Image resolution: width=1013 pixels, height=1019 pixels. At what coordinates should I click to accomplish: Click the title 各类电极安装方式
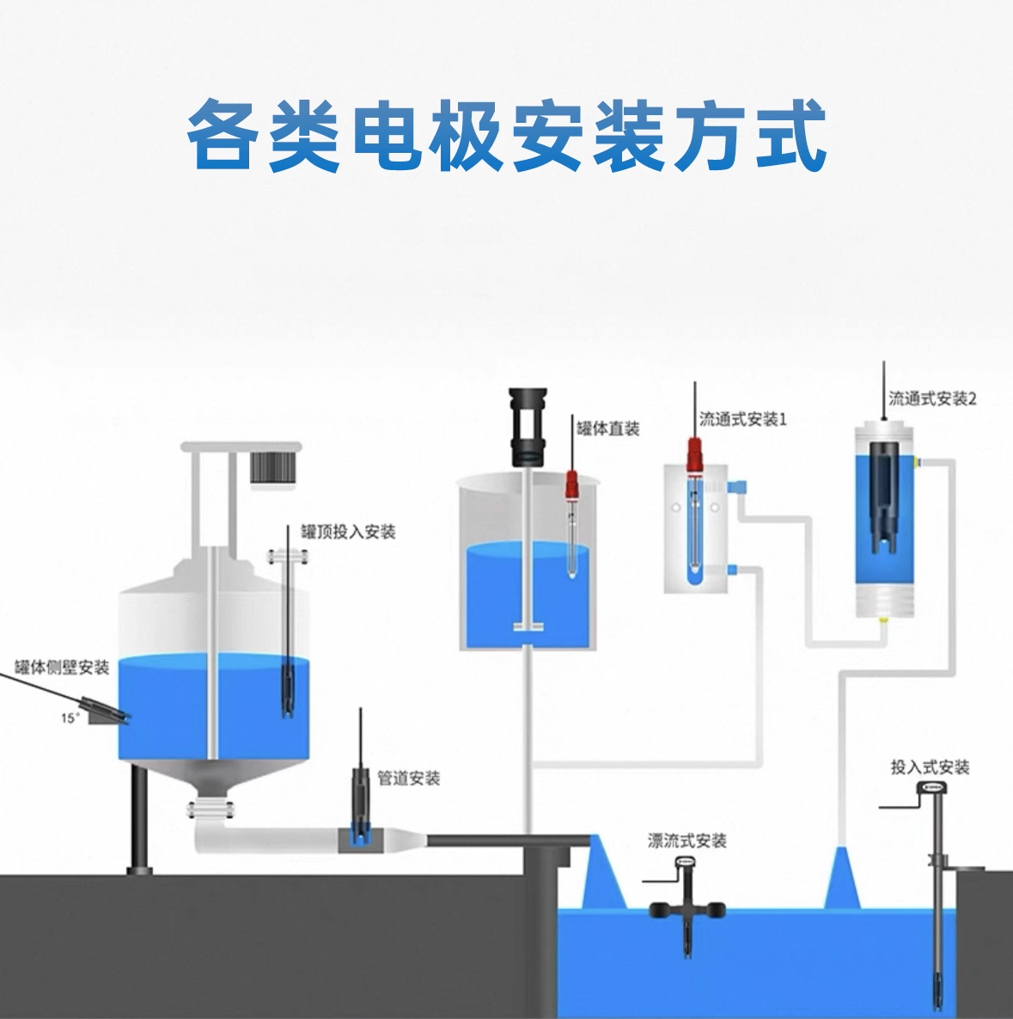coord(506,135)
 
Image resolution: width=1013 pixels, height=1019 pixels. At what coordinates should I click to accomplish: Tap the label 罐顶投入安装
coord(348,532)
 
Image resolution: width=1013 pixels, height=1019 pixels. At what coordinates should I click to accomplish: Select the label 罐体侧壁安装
coord(62,668)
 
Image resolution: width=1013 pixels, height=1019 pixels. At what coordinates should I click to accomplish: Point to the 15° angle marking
coord(70,718)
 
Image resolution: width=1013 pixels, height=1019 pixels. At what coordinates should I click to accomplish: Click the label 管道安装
coord(409,778)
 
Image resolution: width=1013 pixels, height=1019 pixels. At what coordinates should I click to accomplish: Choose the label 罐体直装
coord(608,428)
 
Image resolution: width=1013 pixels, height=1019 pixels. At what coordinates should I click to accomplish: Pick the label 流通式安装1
coord(742,419)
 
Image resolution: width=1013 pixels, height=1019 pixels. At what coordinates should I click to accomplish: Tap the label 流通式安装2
coord(932,399)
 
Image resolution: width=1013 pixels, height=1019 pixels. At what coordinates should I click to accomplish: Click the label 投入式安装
coord(930,767)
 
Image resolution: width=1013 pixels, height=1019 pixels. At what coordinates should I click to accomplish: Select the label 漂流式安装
coord(687,841)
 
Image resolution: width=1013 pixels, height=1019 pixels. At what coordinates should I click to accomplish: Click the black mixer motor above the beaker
coord(528,426)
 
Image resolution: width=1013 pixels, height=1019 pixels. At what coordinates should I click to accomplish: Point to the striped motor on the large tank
coord(273,468)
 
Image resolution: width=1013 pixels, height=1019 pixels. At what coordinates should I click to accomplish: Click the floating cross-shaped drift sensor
coord(687,907)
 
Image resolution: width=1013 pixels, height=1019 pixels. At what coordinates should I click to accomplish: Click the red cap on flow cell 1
coord(694,455)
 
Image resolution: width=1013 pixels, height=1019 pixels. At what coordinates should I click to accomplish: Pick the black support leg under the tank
coord(140,819)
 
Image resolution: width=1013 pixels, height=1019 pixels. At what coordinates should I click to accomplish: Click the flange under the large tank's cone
coord(211,810)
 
